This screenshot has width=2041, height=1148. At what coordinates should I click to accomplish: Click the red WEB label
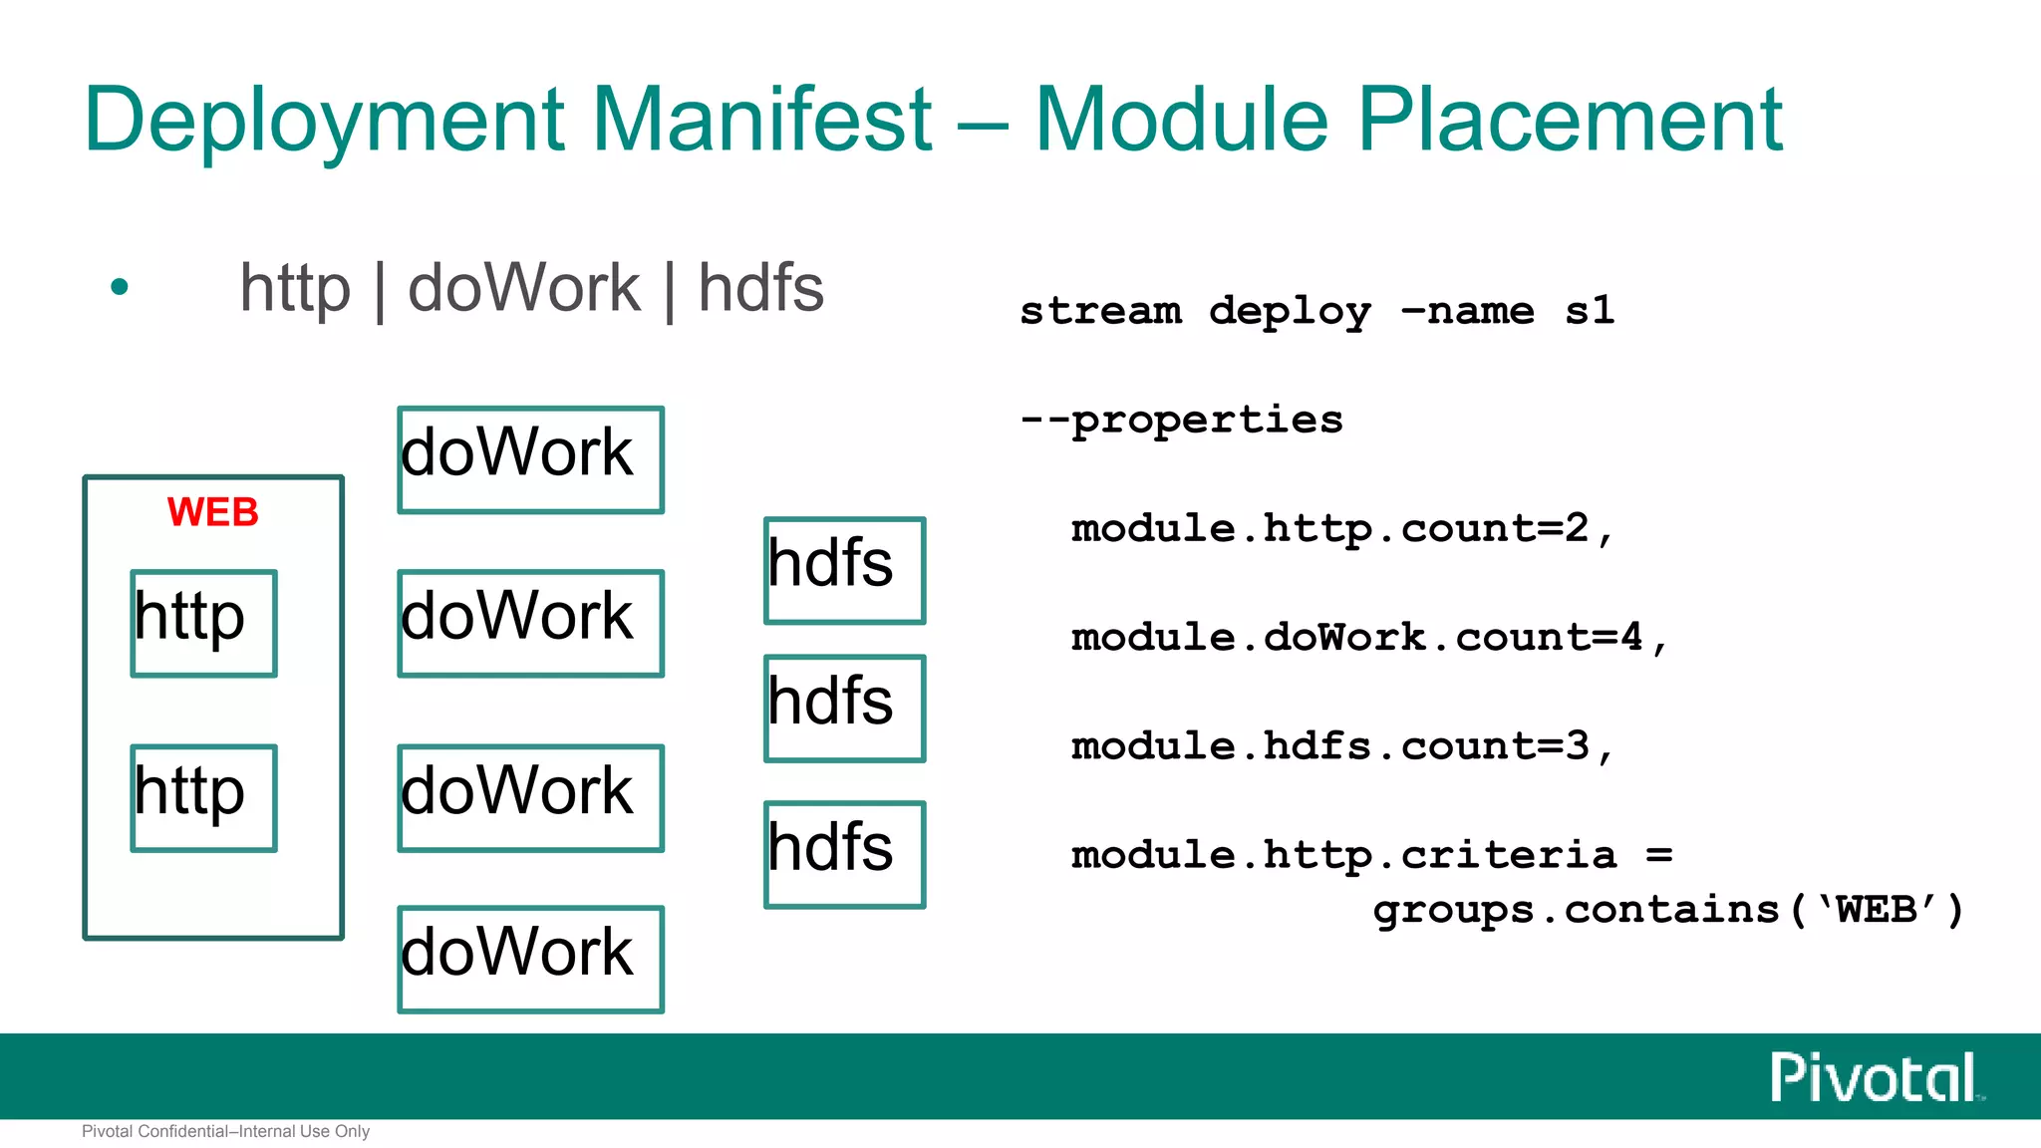click(212, 512)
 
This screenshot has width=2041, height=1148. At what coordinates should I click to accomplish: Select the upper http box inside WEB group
click(203, 623)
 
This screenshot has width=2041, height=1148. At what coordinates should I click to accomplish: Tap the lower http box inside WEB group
click(203, 797)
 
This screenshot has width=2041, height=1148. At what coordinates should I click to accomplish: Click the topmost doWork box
click(530, 459)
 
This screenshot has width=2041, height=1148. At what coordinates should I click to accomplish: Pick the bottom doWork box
click(530, 959)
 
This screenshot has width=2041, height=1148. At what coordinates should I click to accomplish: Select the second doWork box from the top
click(530, 623)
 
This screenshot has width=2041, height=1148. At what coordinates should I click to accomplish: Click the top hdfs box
click(844, 570)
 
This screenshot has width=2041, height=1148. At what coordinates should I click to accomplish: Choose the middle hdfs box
click(844, 708)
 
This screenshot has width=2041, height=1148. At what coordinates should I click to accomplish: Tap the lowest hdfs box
click(844, 854)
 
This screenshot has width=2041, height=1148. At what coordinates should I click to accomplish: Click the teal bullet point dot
click(120, 288)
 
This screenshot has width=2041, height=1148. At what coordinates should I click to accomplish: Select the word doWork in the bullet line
click(523, 288)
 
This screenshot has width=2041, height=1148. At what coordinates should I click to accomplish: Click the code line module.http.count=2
click(1340, 529)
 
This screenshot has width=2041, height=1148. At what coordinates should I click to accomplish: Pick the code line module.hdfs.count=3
click(1340, 746)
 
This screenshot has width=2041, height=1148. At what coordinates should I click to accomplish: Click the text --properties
click(1181, 420)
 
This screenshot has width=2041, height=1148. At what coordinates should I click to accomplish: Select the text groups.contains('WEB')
click(1667, 910)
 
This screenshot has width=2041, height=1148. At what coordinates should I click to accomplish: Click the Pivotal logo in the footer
click(1874, 1077)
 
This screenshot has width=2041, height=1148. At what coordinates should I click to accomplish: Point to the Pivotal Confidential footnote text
click(225, 1131)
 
